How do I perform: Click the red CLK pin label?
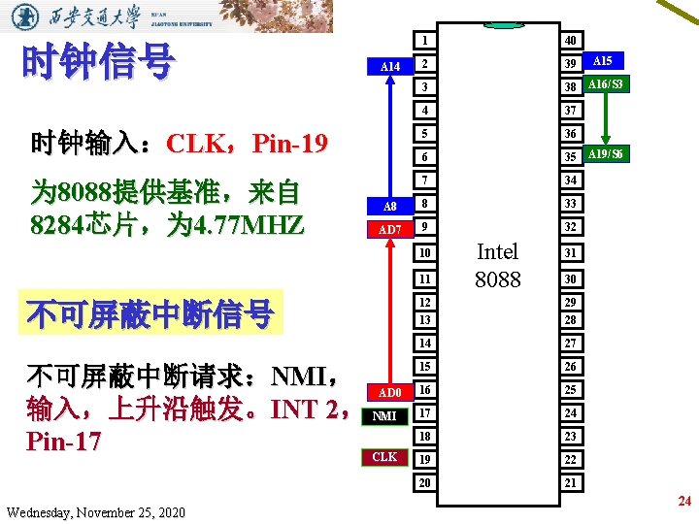click(x=384, y=457)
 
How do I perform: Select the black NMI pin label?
click(x=384, y=415)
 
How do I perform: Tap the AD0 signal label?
click(x=388, y=392)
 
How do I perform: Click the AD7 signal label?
click(x=389, y=229)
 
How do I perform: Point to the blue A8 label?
click(x=389, y=206)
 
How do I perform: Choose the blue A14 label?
click(x=389, y=66)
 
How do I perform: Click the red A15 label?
click(x=602, y=60)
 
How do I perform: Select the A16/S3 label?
click(x=605, y=84)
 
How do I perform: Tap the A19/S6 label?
click(x=606, y=154)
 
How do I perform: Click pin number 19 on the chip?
click(x=425, y=458)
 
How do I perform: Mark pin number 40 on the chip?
click(x=571, y=40)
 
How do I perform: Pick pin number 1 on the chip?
click(x=425, y=40)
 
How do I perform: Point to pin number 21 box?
click(x=571, y=482)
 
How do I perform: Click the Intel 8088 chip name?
click(x=498, y=265)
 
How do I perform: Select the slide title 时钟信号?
click(x=98, y=62)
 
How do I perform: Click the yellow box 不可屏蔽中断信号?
click(x=150, y=313)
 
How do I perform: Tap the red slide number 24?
click(x=684, y=501)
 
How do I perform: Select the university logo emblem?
click(x=29, y=16)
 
